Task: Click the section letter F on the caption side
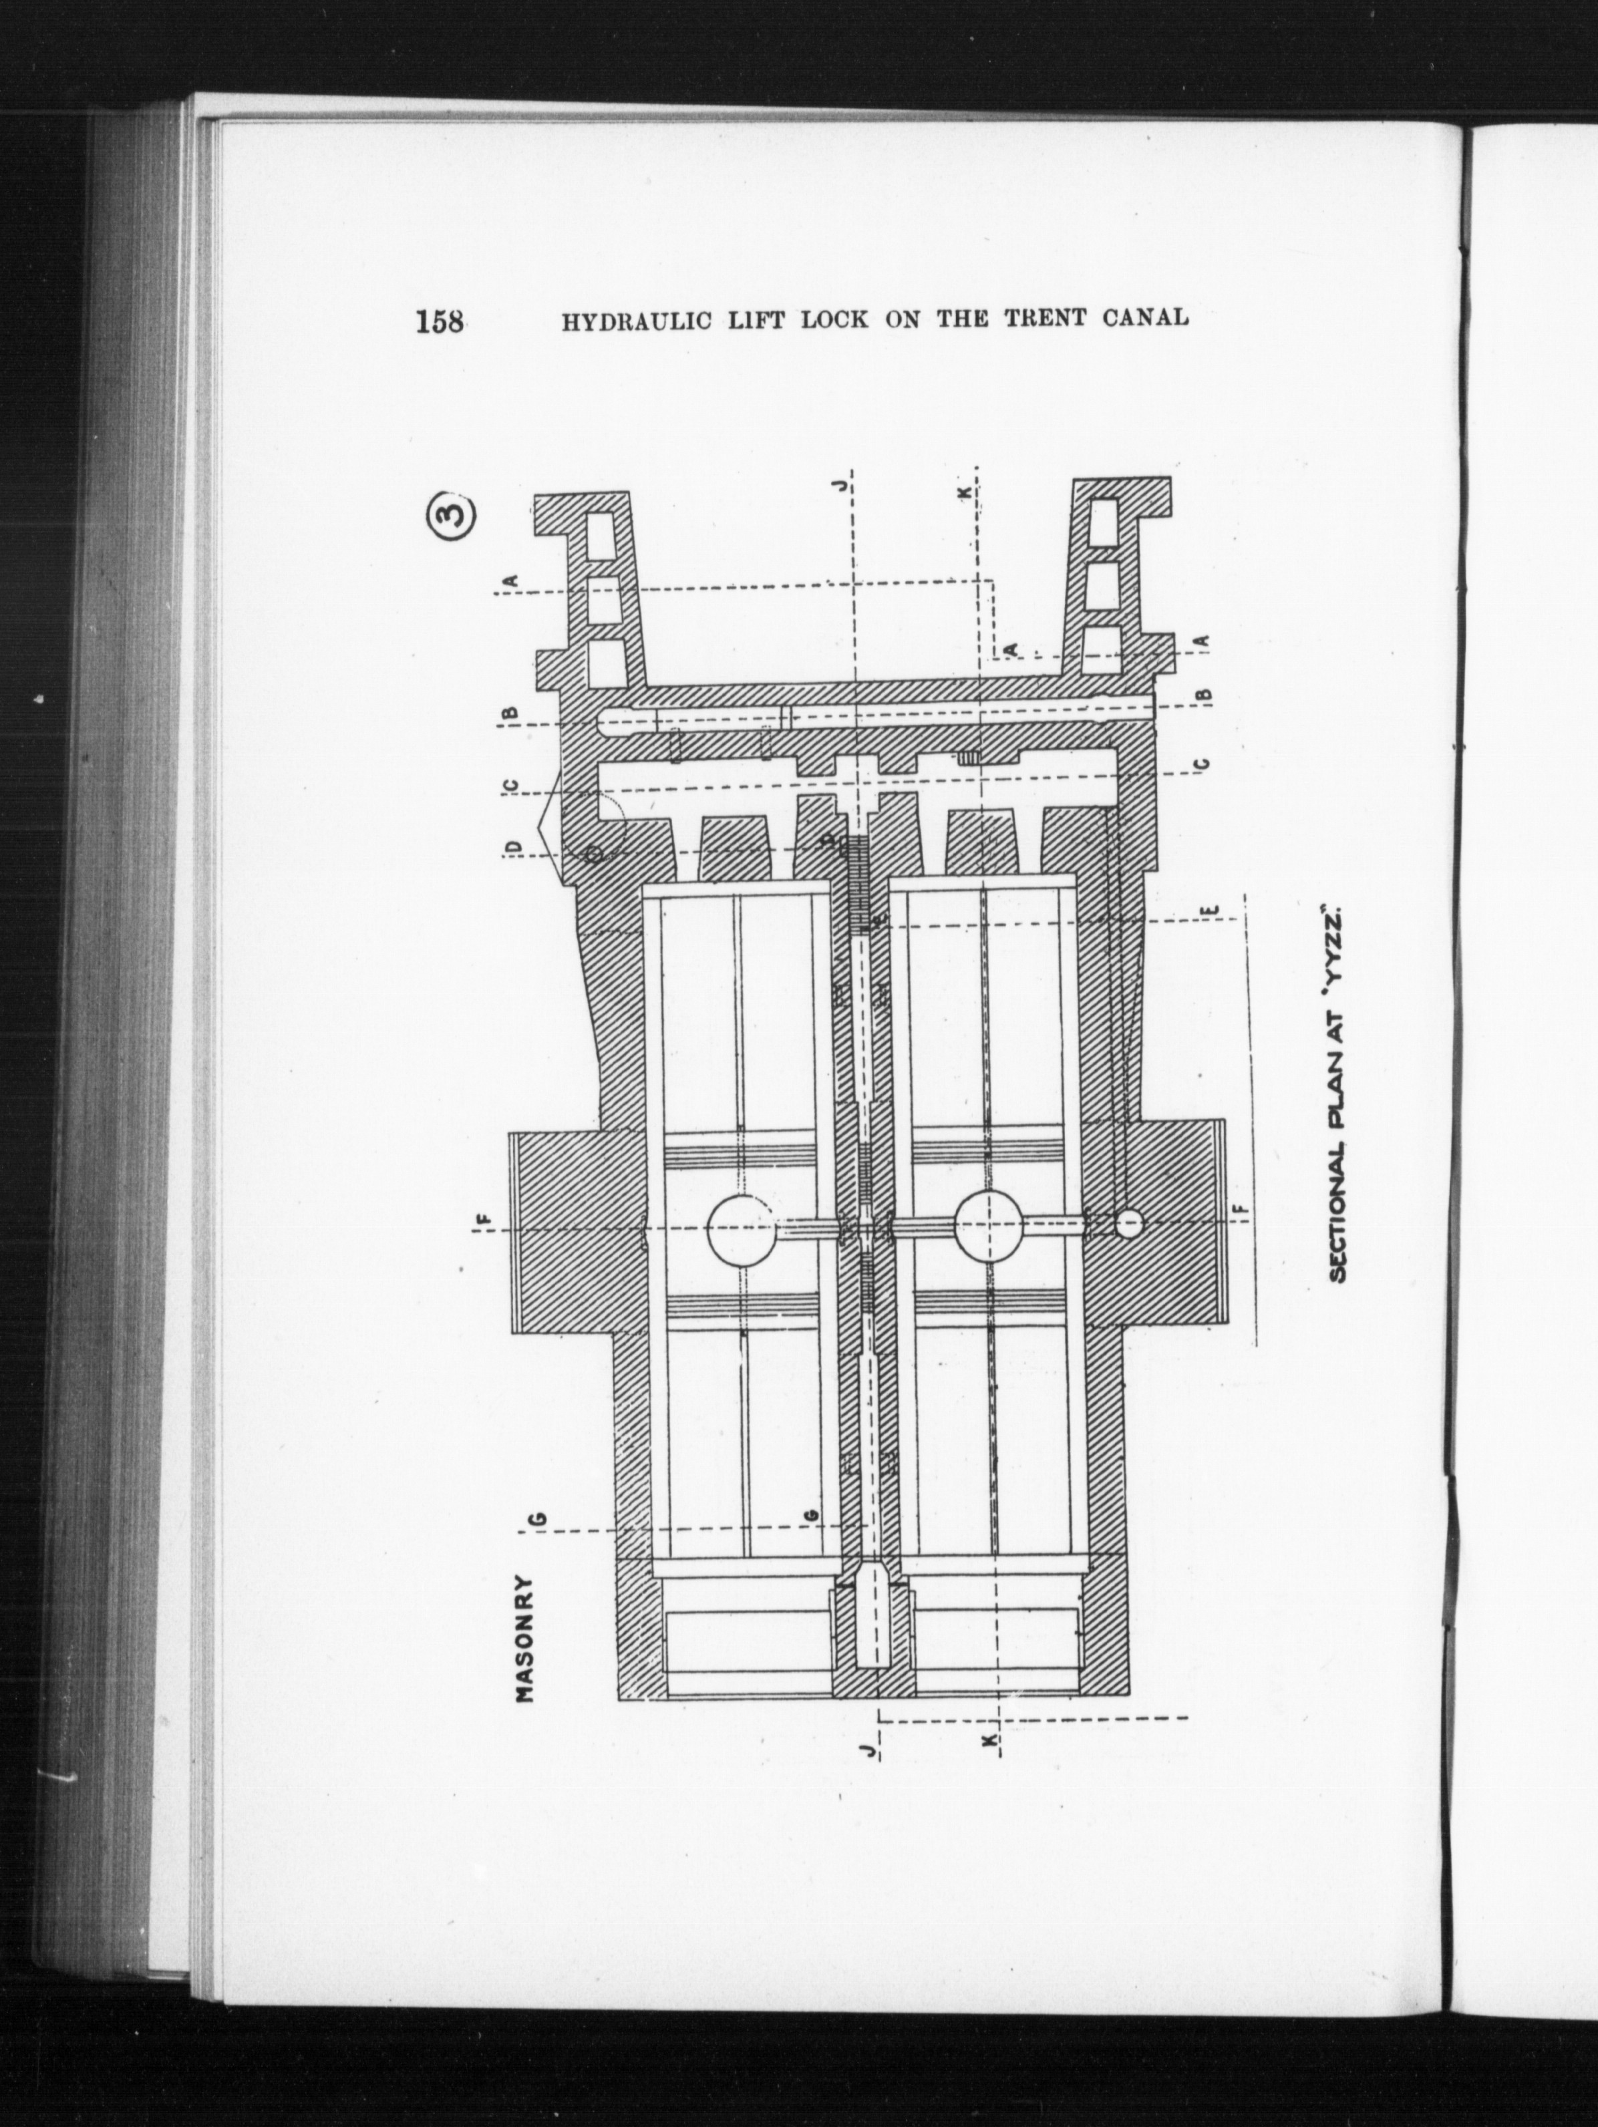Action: [x=1246, y=1208]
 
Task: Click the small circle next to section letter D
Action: [x=593, y=852]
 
